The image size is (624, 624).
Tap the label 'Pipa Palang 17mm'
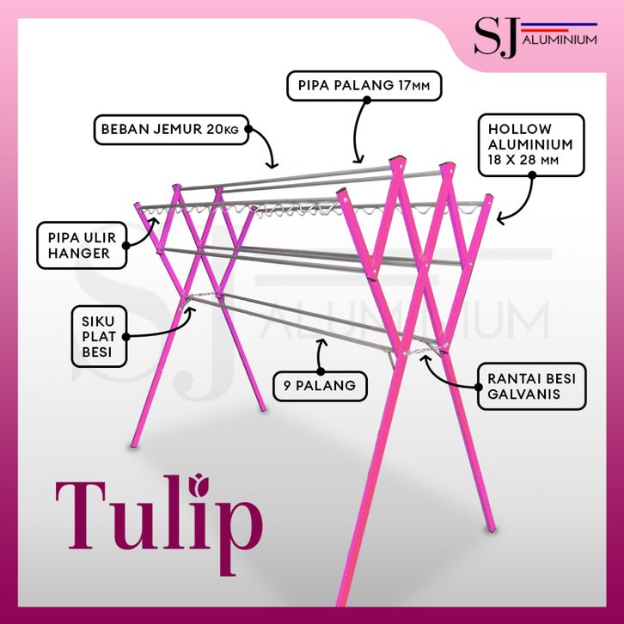(x=364, y=86)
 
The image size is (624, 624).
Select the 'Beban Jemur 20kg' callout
(x=172, y=129)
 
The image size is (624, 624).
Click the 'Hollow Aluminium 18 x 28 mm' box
(x=531, y=145)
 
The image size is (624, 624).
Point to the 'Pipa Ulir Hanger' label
(x=82, y=245)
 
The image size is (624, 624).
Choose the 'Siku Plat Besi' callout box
(x=99, y=336)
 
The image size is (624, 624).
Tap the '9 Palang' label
(x=320, y=386)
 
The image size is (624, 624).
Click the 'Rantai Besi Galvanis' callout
(x=532, y=386)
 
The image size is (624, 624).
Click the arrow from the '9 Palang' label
(x=320, y=355)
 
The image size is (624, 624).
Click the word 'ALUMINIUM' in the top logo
(x=560, y=40)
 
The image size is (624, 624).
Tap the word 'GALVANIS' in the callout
(x=523, y=394)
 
